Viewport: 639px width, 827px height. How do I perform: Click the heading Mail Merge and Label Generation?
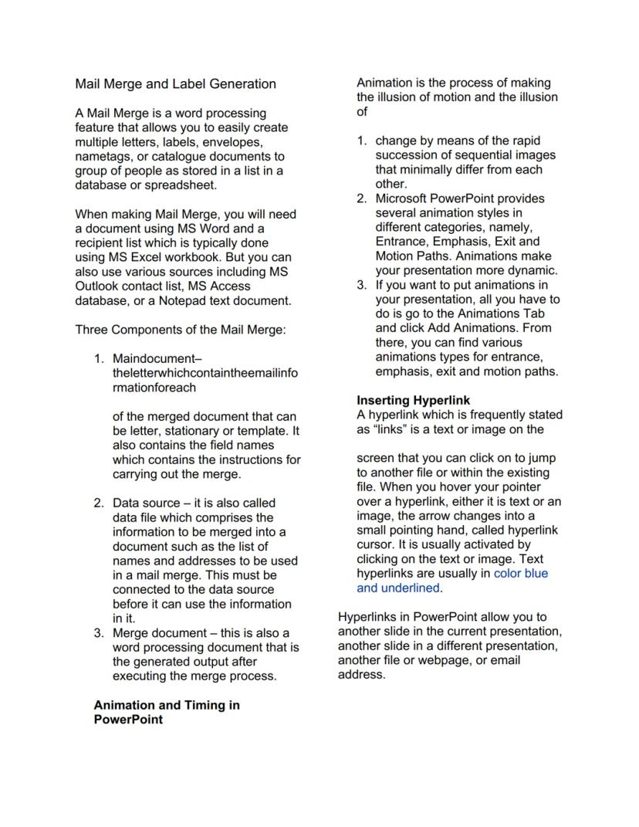tap(175, 83)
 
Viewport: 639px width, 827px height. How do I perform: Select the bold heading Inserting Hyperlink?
tap(413, 400)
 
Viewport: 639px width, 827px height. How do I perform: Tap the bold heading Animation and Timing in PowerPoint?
tap(166, 712)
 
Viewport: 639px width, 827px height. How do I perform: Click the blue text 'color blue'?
tap(520, 573)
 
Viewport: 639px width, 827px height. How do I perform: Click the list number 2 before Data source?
tap(98, 503)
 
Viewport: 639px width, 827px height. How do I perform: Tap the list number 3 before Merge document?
tap(98, 632)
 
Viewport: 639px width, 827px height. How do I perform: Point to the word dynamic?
tap(533, 270)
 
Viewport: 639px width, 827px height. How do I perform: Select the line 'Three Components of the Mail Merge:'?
tap(181, 330)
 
